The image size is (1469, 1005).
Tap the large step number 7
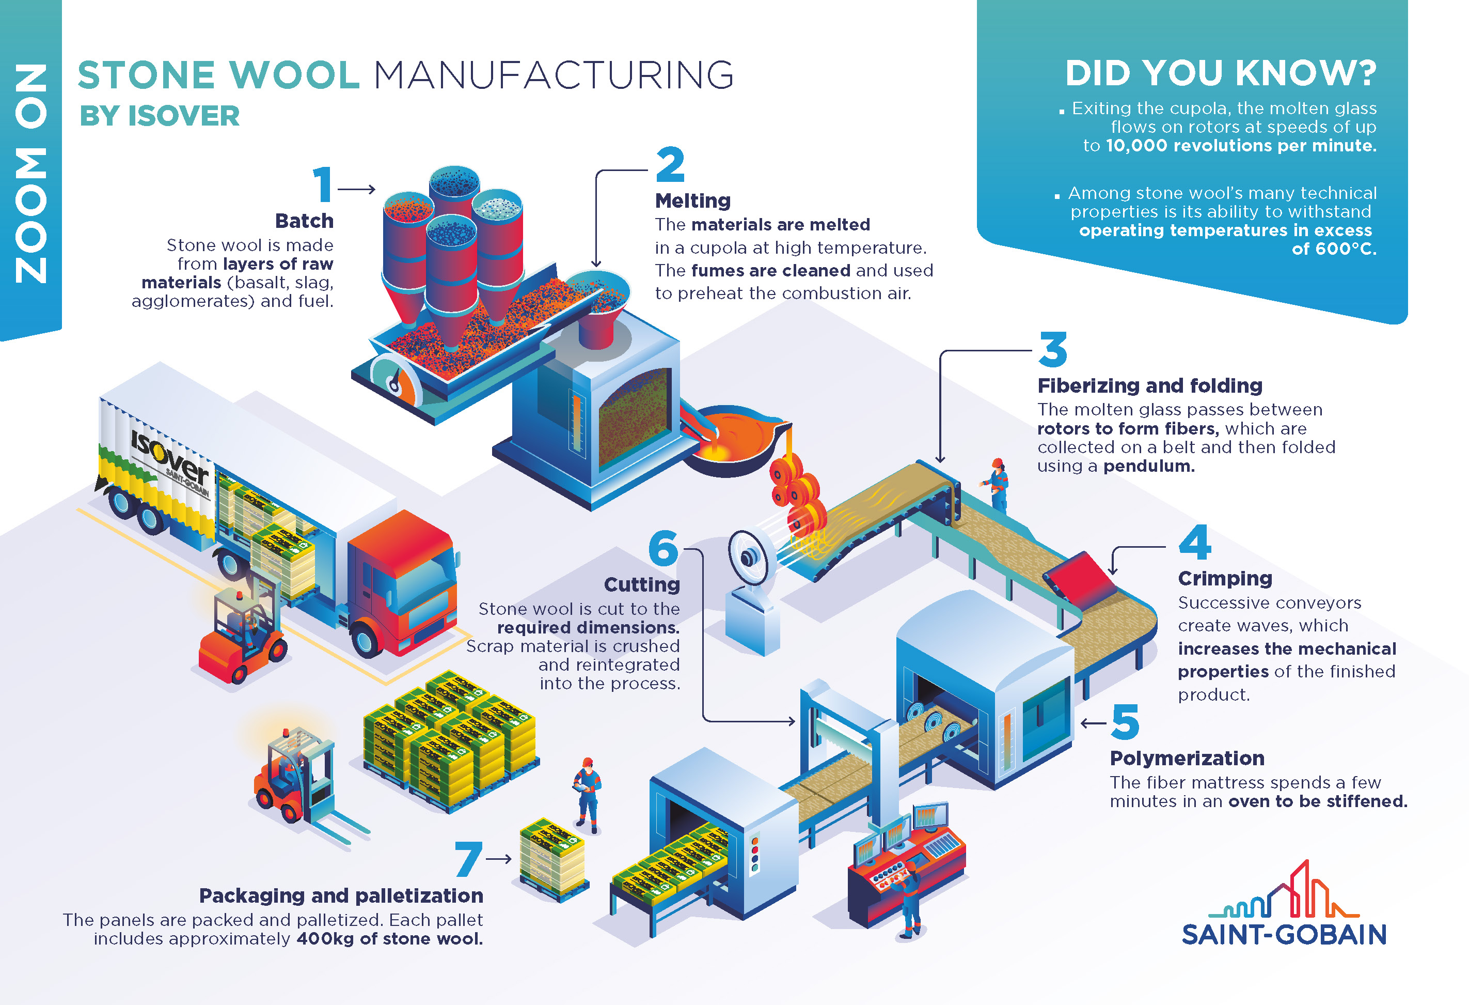(468, 858)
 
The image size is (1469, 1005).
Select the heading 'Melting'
(693, 200)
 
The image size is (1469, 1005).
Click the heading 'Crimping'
(1225, 579)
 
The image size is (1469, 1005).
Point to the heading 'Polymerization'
(1187, 757)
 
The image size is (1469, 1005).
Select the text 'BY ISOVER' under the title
(159, 116)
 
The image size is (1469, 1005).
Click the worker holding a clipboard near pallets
(587, 795)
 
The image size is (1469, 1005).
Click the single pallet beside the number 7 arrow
(553, 859)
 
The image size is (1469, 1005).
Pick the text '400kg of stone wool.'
(389, 938)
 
